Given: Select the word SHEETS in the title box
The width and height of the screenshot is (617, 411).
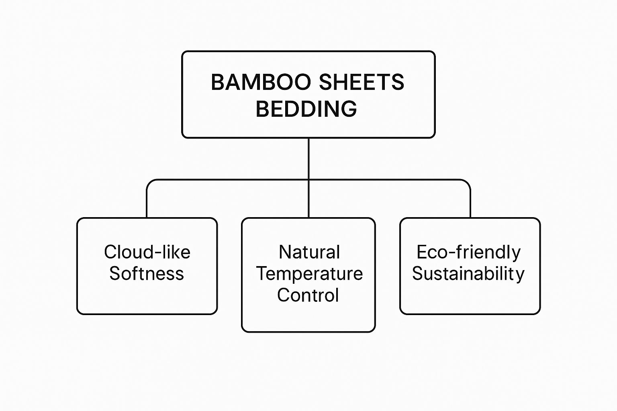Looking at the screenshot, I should click(x=361, y=82).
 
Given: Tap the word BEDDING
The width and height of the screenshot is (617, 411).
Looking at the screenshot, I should click(x=306, y=109).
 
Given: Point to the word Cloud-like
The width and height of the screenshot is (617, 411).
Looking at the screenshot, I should click(x=147, y=252).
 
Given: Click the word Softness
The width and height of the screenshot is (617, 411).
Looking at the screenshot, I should click(x=147, y=274).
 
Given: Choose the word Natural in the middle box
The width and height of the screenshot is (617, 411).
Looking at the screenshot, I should click(x=309, y=252).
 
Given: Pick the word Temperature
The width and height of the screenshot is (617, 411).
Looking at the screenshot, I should click(x=309, y=274).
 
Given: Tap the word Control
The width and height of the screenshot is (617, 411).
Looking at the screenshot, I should click(x=308, y=295).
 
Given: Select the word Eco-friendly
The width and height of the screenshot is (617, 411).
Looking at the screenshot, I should click(x=468, y=252).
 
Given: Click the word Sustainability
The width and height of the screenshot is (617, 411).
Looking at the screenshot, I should click(x=468, y=274).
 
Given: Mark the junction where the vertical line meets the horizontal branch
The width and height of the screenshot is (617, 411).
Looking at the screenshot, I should click(x=308, y=180).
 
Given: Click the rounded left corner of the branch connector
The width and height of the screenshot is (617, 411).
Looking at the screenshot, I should click(x=149, y=183).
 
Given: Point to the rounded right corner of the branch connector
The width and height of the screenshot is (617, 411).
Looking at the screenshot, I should click(x=467, y=183).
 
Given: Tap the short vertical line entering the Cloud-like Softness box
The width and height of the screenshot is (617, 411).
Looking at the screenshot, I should click(x=147, y=205).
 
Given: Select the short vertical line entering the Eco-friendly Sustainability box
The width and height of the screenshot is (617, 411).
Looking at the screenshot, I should click(x=470, y=205).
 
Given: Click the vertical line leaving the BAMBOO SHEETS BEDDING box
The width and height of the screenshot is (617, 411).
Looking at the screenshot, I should click(x=308, y=159).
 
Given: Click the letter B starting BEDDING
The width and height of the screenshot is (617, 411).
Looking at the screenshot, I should click(x=262, y=109).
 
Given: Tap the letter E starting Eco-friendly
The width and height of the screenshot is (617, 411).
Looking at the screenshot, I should click(x=422, y=252).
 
